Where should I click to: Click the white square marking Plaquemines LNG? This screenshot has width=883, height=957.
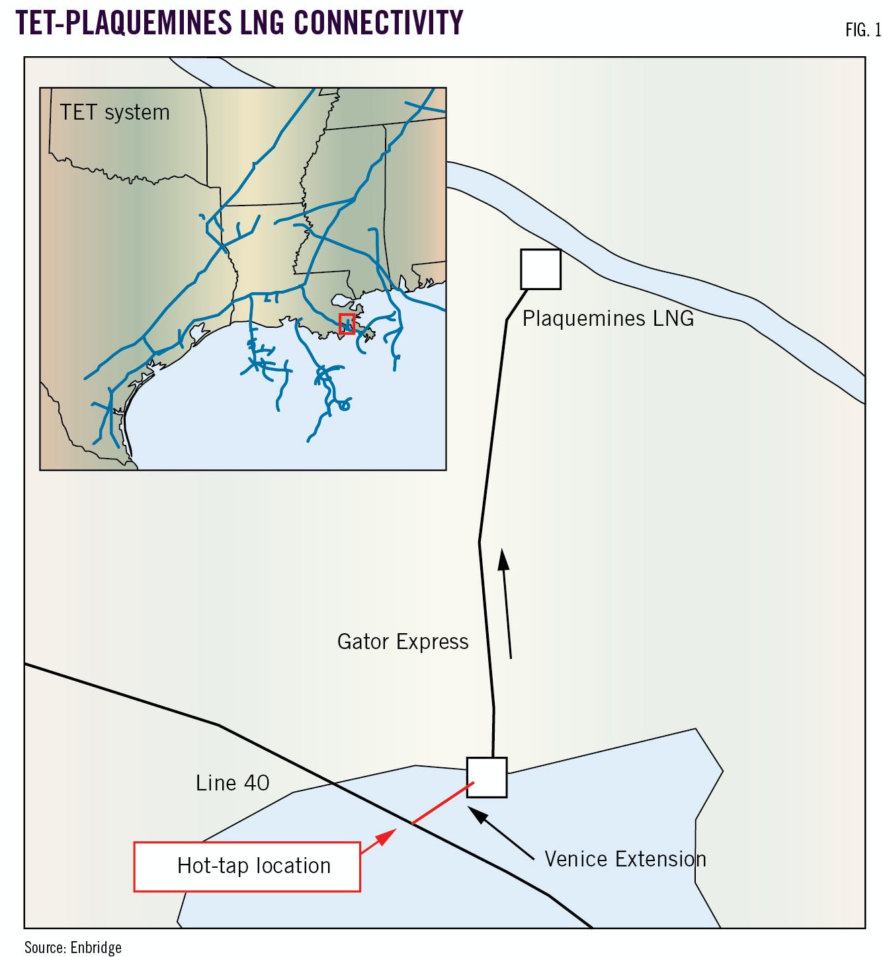pyautogui.click(x=540, y=269)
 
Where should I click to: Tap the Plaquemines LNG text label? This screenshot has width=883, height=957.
pyautogui.click(x=608, y=319)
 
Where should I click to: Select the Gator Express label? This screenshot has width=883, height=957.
pyautogui.click(x=402, y=642)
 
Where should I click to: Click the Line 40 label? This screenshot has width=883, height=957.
pyautogui.click(x=232, y=783)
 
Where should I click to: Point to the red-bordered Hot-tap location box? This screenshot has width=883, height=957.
pyautogui.click(x=247, y=866)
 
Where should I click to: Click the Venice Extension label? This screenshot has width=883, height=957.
pyautogui.click(x=625, y=859)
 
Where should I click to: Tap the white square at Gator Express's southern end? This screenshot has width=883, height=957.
pyautogui.click(x=487, y=777)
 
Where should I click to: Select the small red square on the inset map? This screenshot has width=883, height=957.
pyautogui.click(x=347, y=324)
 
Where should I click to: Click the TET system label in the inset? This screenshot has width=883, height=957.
pyautogui.click(x=114, y=112)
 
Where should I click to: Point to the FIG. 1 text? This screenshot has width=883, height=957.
pyautogui.click(x=862, y=30)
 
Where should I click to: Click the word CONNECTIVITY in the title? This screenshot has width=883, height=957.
pyautogui.click(x=378, y=22)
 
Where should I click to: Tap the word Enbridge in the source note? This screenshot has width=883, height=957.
pyautogui.click(x=96, y=948)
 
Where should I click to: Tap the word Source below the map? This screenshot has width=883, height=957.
pyautogui.click(x=44, y=948)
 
